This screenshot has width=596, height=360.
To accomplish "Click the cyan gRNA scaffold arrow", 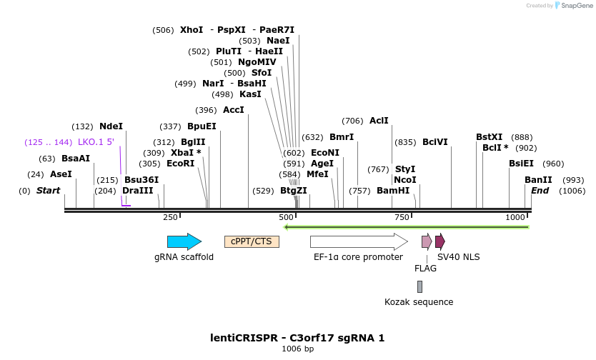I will tap(184, 241).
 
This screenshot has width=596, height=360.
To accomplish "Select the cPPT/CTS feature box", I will tap(252, 241).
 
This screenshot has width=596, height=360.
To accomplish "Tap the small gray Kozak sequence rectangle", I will tap(419, 286).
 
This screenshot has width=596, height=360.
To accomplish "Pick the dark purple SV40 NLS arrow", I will tap(440, 241).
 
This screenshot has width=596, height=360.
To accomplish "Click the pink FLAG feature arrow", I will tap(427, 241).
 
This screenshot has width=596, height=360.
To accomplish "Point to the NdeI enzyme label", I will tap(111, 126).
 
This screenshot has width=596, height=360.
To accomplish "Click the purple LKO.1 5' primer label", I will tap(96, 142).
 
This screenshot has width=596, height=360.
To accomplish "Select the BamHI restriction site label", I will tap(393, 191).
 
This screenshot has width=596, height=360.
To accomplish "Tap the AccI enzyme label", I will tap(234, 110).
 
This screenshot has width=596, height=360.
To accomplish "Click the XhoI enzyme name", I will tap(192, 30).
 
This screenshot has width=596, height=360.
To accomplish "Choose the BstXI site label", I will tap(490, 137).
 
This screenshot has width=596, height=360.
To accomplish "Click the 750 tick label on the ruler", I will tap(402, 217).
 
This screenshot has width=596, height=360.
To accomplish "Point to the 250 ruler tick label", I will tap(170, 217).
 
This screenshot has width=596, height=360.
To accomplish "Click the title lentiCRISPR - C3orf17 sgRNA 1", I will tap(297, 337).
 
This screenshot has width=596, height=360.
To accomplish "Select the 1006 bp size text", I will tap(297, 349).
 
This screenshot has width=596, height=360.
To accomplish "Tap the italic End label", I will tap(540, 191).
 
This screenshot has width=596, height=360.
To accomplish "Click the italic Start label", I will tap(48, 191).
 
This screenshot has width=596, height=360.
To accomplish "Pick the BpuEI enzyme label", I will tap(202, 126).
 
